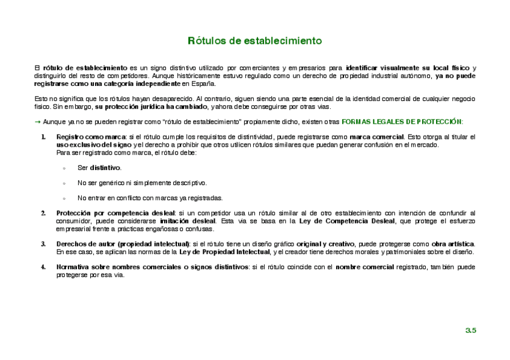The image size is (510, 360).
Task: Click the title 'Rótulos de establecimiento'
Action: pos(255,41)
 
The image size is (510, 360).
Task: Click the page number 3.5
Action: pos(470,331)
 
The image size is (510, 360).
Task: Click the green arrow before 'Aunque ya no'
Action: pos(37,121)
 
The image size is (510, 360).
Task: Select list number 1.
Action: pos(43,137)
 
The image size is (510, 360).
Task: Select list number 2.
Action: pos(43,213)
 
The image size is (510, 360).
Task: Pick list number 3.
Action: pos(43,243)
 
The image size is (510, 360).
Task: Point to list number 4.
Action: pos(43,266)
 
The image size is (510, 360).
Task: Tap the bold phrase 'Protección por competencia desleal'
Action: pos(115,213)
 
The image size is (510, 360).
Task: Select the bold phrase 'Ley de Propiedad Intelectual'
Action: pos(225,251)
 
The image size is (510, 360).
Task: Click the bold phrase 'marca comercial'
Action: pos(376,137)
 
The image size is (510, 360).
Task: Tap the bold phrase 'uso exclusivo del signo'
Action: pos(93,145)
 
